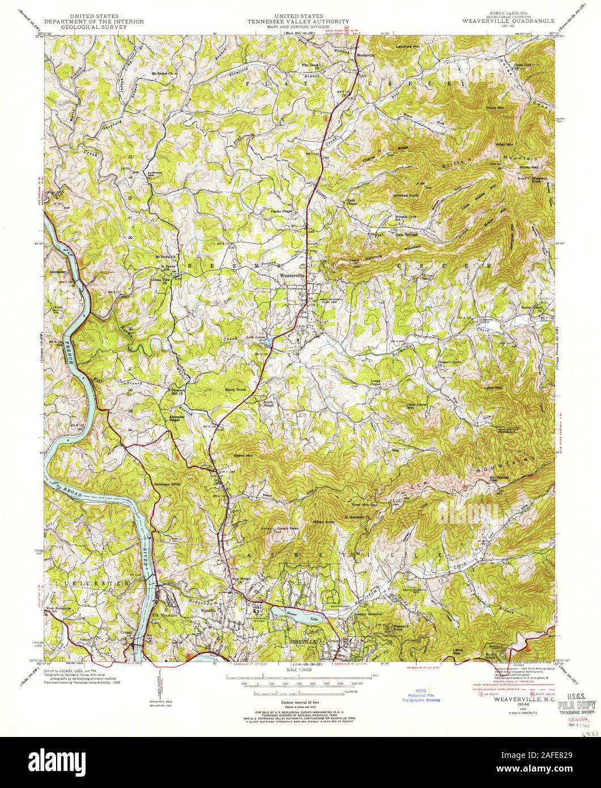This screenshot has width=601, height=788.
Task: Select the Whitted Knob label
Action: (x=406, y=196)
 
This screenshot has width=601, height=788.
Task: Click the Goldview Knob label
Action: (x=167, y=485)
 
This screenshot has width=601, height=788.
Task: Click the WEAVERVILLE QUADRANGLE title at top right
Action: (x=506, y=21)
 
